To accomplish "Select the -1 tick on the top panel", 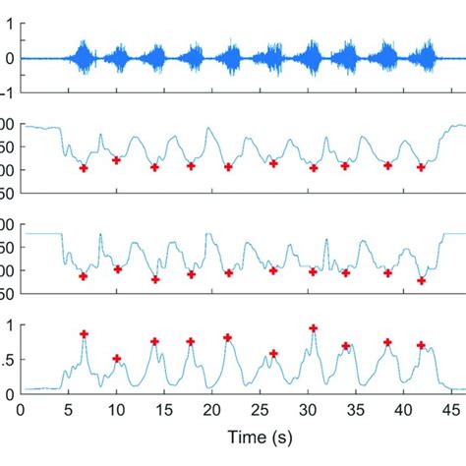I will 5,92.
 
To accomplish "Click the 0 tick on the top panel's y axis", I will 8,58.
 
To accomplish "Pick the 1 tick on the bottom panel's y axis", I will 8,325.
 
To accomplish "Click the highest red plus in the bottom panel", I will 313,328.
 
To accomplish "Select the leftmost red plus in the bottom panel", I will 84,334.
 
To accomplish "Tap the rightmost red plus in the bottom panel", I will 421,345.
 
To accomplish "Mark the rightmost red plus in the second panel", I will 421,168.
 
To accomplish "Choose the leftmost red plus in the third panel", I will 84,276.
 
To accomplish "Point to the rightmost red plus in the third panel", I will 421,280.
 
